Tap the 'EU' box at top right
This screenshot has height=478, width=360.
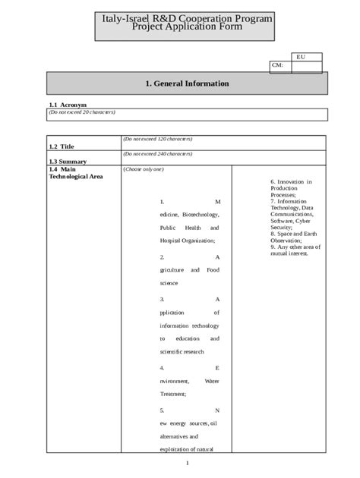click(302, 57)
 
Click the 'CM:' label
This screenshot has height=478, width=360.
click(277, 66)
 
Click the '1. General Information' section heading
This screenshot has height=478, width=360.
click(187, 83)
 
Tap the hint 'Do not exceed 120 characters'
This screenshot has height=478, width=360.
click(158, 140)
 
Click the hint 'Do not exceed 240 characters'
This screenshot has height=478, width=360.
click(158, 154)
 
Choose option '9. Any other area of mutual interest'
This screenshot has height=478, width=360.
click(296, 250)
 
